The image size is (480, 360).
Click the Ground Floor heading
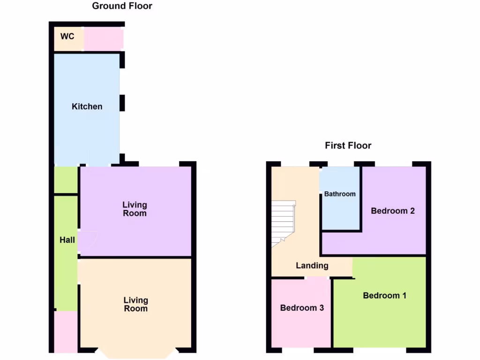(122, 6)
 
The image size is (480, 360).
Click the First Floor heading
(348, 145)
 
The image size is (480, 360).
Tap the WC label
(67, 37)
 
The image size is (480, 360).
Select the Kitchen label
(87, 106)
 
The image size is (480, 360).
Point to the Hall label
(67, 240)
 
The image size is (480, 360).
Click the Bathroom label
(340, 194)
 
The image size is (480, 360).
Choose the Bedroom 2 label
(392, 210)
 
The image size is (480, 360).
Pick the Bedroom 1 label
(384, 295)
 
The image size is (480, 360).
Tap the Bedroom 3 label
(302, 308)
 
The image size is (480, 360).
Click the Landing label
(312, 265)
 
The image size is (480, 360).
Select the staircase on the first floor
(284, 220)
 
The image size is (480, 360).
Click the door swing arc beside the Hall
(88, 240)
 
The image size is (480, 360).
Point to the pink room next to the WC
(104, 39)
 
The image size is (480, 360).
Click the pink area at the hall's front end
(66, 332)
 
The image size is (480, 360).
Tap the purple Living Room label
(135, 209)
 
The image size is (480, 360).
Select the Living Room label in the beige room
(135, 304)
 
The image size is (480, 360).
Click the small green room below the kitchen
(66, 180)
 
